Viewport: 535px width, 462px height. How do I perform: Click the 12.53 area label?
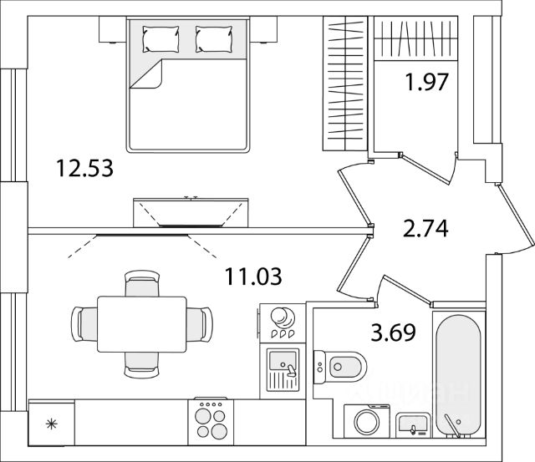[84, 167]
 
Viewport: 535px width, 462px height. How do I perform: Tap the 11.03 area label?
[253, 274]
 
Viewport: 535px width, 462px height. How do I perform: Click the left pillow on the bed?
[160, 38]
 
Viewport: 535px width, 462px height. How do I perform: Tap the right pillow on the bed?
[213, 38]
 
